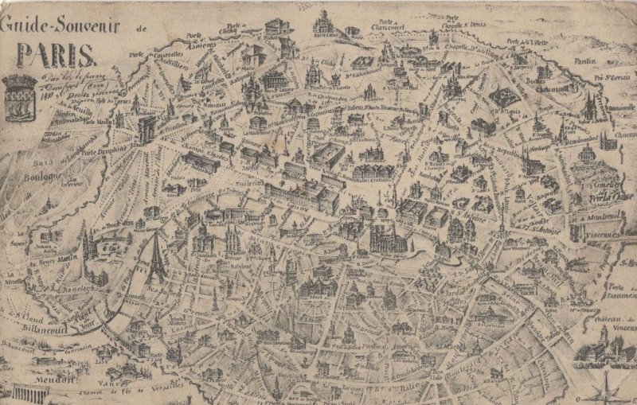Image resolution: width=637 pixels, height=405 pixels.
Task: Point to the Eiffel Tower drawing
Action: click(154, 259)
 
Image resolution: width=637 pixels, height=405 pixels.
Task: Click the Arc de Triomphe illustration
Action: click(147, 129)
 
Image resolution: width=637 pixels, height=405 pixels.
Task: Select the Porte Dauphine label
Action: click(102, 154)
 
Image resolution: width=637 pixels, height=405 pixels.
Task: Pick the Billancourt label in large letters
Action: click(55, 327)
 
